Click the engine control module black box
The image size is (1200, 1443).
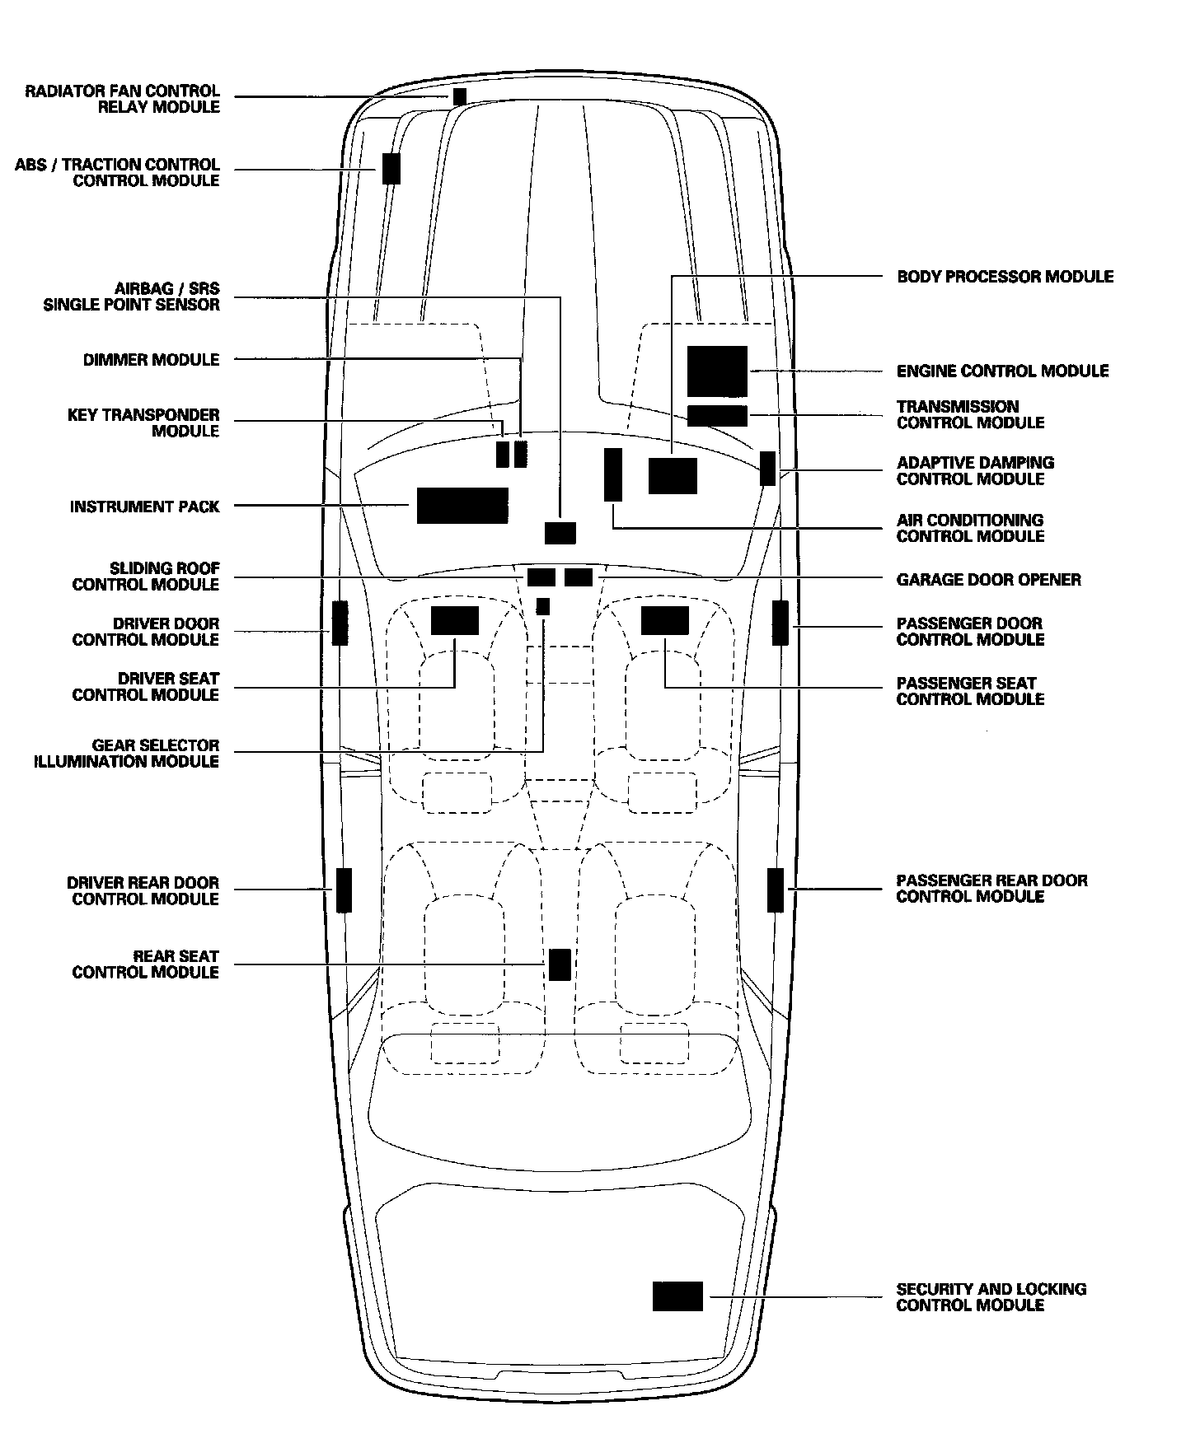click(717, 371)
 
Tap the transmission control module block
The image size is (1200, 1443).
click(717, 416)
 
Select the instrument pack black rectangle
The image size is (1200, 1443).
click(462, 506)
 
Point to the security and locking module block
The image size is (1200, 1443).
click(677, 1296)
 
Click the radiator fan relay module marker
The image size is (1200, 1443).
click(460, 96)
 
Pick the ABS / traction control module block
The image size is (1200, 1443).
click(391, 169)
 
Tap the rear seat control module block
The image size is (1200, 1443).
click(560, 964)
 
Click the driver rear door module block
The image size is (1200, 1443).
click(344, 890)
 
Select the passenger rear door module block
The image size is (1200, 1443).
click(776, 890)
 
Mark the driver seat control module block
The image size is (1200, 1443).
click(454, 620)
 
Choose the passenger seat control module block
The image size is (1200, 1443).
click(664, 620)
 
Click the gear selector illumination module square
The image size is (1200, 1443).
click(542, 606)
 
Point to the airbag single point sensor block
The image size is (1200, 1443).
click(560, 533)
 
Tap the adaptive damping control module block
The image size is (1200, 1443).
click(767, 468)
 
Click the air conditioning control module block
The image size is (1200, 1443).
click(612, 474)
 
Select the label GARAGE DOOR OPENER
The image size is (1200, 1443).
click(988, 580)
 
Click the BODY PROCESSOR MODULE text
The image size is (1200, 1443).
click(1005, 277)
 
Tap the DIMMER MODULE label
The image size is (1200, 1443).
click(152, 360)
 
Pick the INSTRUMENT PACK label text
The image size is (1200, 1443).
click(145, 507)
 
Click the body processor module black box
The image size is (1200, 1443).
click(673, 476)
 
